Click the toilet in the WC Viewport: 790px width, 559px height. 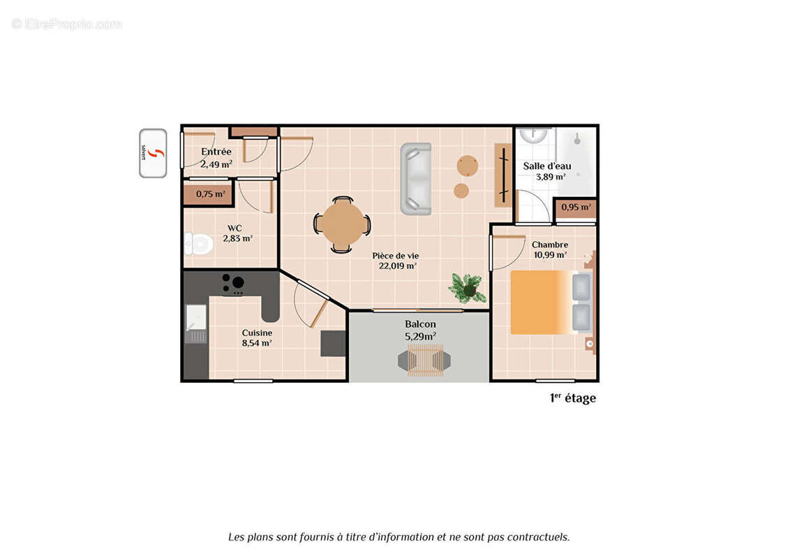[199, 244]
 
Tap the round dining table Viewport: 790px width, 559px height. [342, 224]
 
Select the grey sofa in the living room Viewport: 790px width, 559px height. [416, 178]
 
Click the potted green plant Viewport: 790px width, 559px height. [468, 287]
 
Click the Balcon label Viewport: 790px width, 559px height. [420, 324]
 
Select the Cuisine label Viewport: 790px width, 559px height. [257, 333]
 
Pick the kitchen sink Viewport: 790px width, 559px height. [196, 317]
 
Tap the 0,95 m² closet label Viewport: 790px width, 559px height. [576, 207]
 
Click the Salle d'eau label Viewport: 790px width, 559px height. [547, 166]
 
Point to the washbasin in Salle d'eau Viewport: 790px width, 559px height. [535, 134]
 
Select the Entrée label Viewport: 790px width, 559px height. [216, 152]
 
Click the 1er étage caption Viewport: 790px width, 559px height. [572, 398]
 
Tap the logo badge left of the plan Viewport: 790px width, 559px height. [153, 153]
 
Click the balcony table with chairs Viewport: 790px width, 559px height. [424, 361]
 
